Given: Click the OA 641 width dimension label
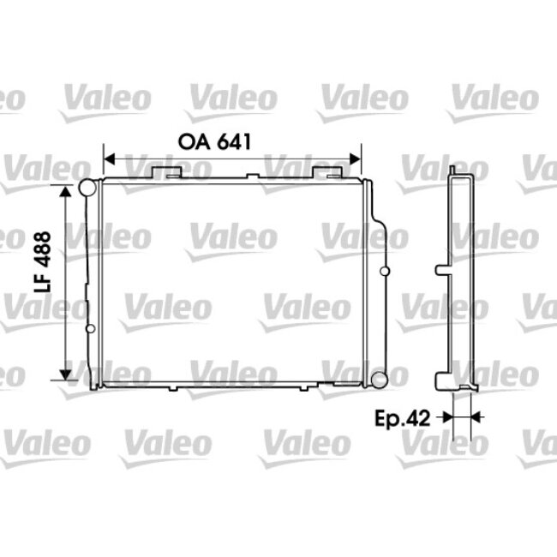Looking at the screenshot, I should pos(214,142).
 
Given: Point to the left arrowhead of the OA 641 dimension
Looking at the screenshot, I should pos(108,159).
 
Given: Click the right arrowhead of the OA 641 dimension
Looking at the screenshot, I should pos(356,159).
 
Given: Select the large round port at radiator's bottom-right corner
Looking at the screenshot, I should pos(379,378).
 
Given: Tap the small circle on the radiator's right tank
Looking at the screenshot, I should pos(384,273).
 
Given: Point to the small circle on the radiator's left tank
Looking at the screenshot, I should pos(90,327).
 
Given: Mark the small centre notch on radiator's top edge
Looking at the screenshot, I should pos(253,177).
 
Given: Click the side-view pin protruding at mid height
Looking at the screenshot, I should pos(441,270).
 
